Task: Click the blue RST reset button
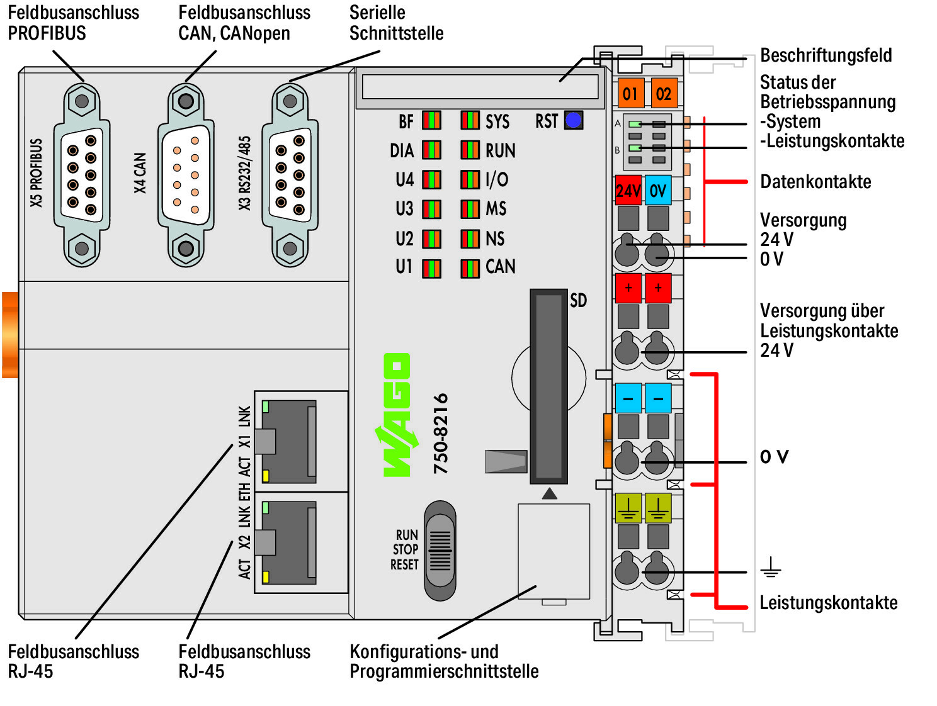coord(574,120)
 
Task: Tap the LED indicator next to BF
coord(431,120)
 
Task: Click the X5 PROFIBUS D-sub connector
coord(82,175)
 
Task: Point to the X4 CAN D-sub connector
coord(186,175)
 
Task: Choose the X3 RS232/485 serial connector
coord(290,175)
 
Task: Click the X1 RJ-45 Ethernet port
coord(290,440)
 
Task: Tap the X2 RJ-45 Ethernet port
coord(290,542)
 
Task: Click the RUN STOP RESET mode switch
coord(440,551)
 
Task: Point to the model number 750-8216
coord(441,434)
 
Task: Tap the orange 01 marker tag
coord(630,94)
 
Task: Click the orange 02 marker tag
coord(664,94)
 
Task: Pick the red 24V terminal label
coord(628,191)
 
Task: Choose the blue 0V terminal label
coord(658,191)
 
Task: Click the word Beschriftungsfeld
coord(826,55)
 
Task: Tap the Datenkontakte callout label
coord(815,182)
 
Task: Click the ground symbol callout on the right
coord(770,569)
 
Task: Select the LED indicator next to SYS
coord(470,120)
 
